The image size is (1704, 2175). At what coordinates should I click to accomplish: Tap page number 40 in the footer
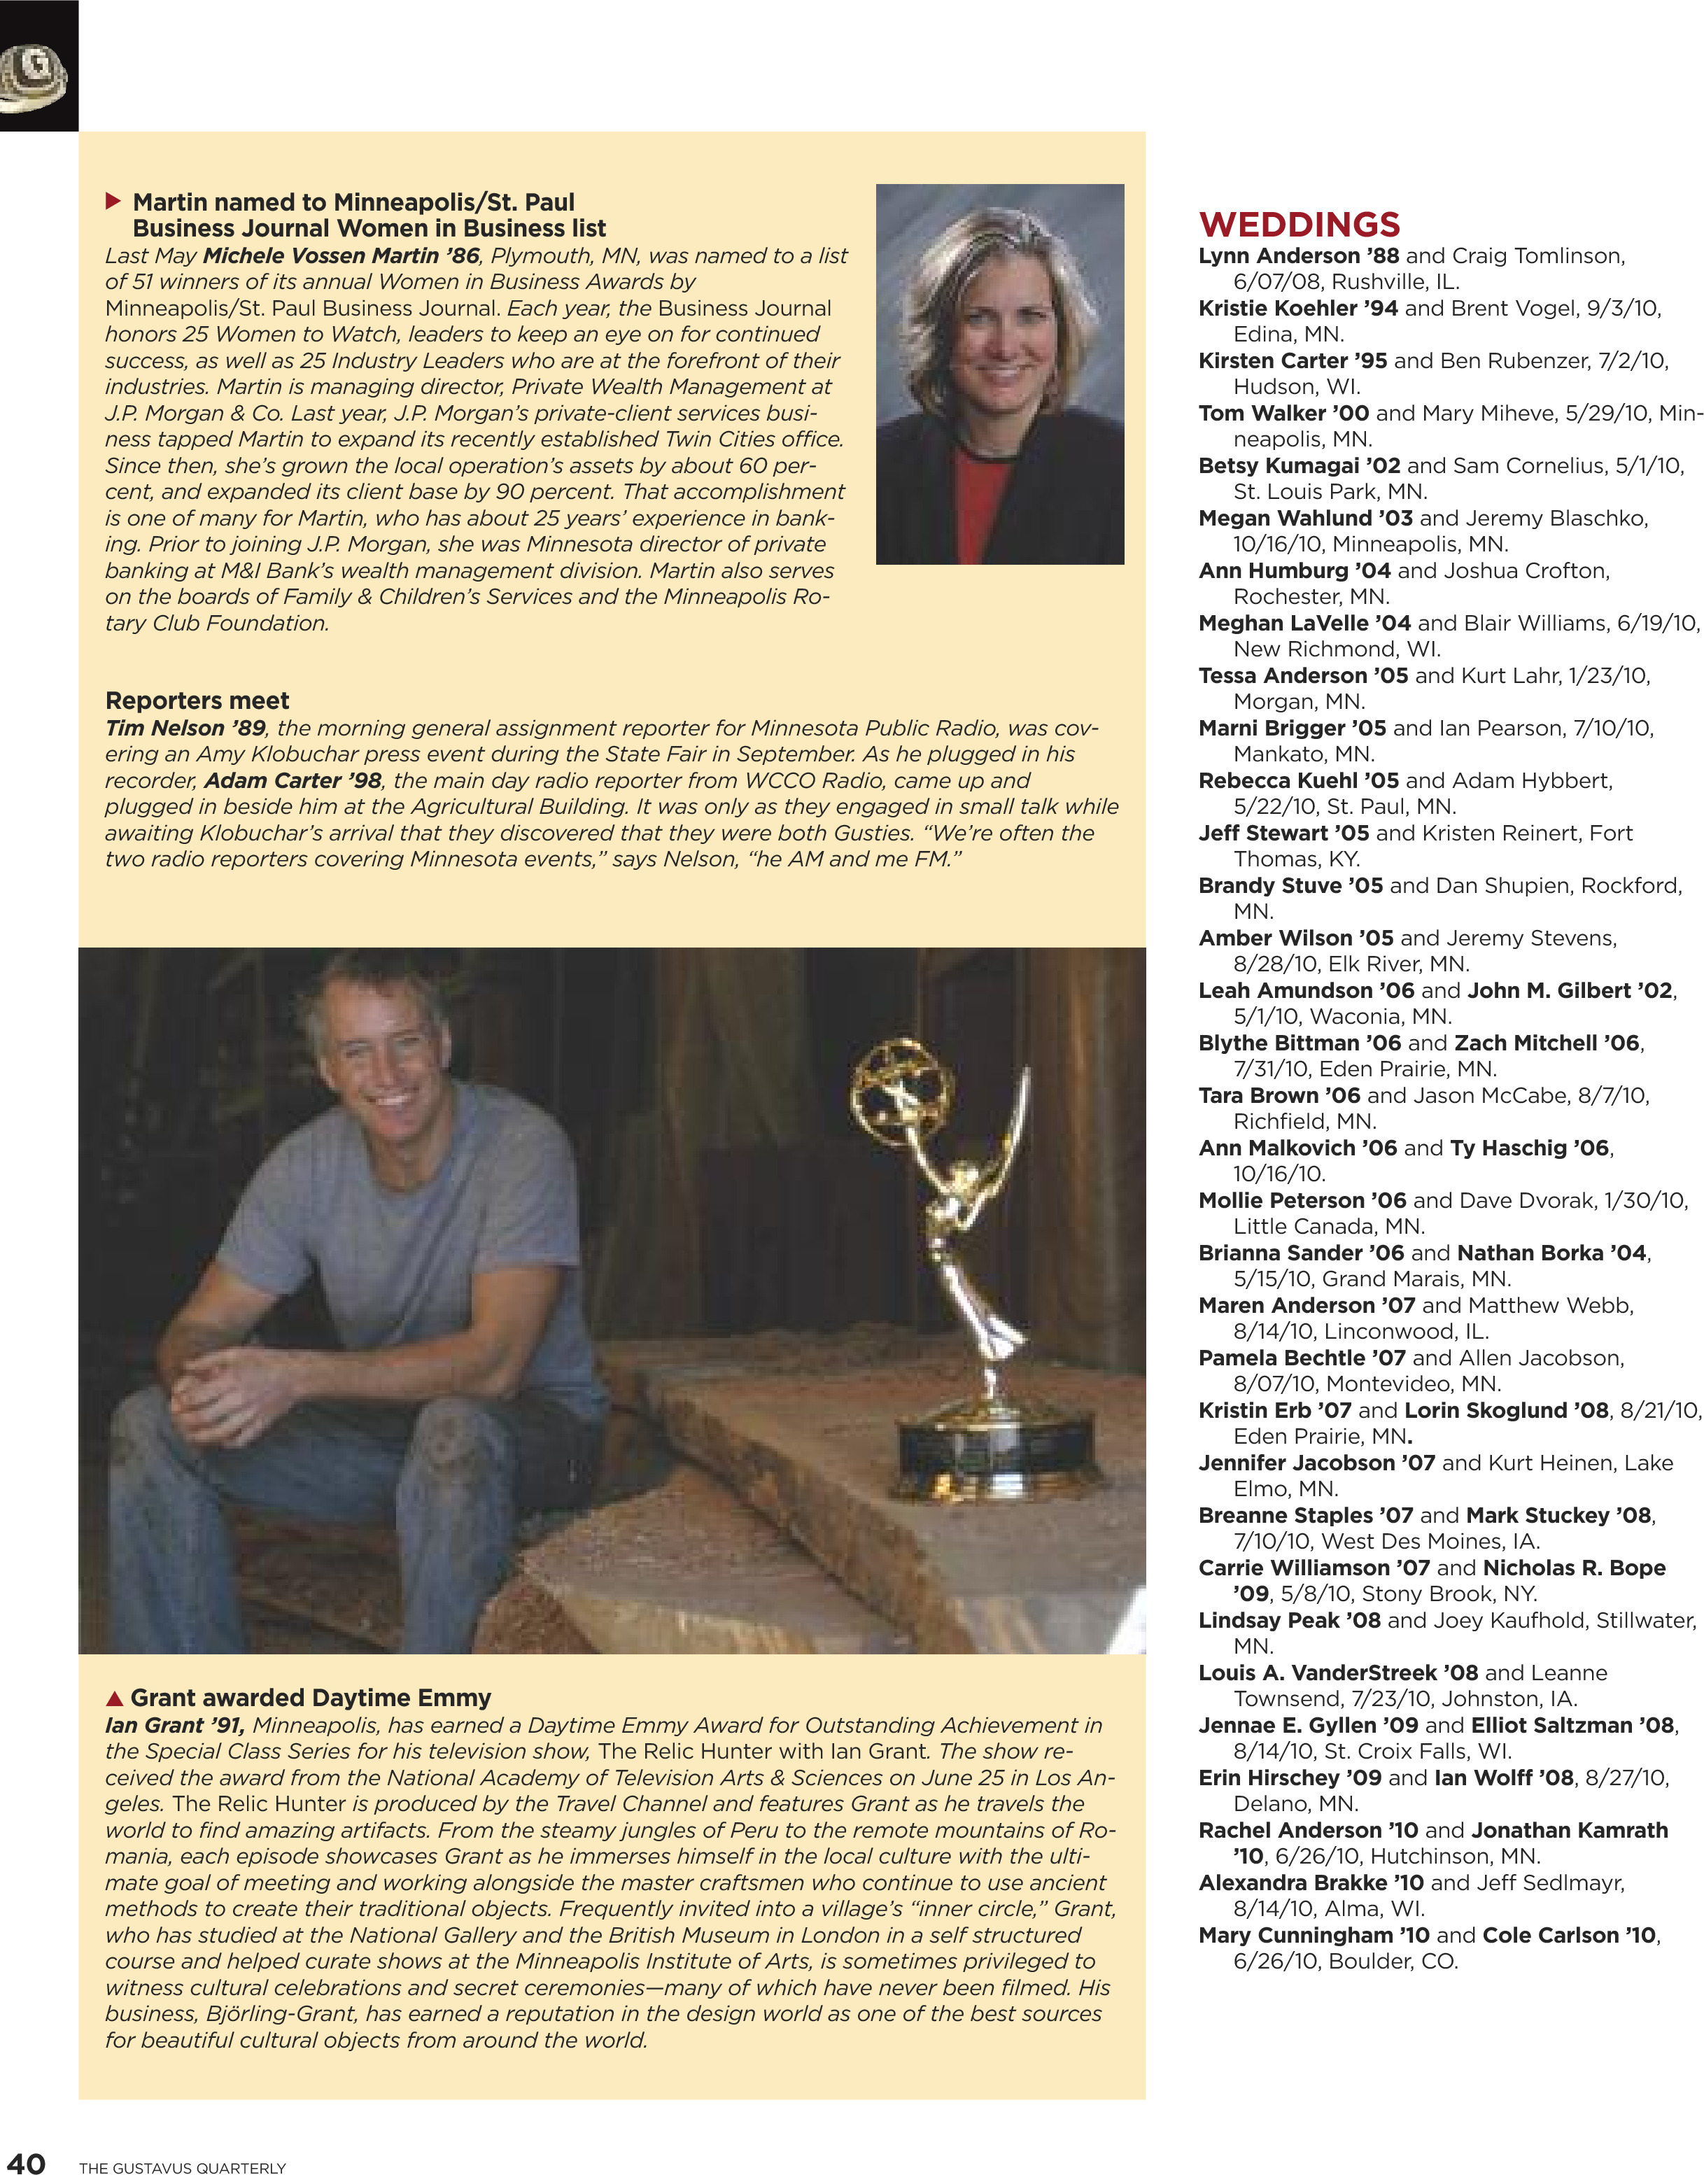26,2162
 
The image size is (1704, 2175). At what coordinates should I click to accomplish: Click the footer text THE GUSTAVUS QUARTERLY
183,2168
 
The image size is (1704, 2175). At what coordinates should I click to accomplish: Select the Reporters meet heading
197,701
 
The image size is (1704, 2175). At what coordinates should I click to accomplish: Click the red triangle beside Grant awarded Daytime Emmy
115,1698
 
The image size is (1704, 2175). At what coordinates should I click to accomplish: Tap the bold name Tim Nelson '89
185,728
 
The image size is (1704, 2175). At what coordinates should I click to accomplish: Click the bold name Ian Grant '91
174,1725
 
